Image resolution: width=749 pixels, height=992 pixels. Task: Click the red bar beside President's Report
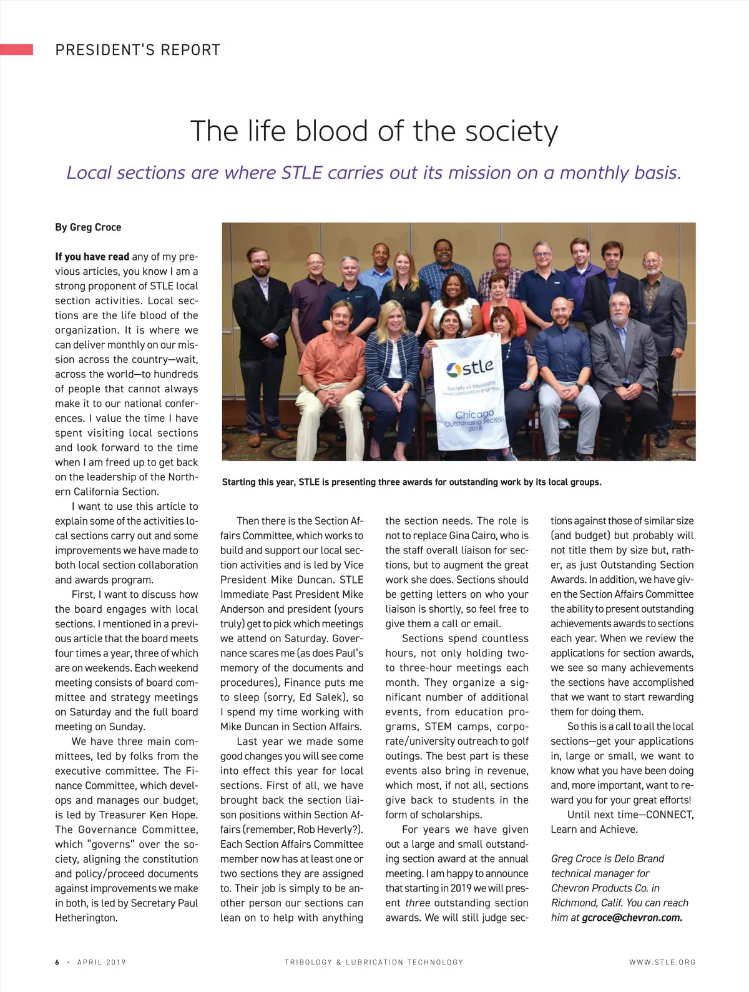[x=16, y=49]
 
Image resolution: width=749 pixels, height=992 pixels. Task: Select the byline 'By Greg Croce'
[x=88, y=227]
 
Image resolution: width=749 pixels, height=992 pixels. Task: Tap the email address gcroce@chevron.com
[x=632, y=918]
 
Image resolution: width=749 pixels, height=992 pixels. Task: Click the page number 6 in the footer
[x=57, y=962]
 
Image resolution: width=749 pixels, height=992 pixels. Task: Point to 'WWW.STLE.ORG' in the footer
[x=662, y=962]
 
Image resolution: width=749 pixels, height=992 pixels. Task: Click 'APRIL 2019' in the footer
[x=101, y=962]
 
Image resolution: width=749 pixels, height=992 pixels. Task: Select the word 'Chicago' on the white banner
[x=474, y=414]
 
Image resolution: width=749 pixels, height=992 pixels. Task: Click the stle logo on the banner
[x=470, y=368]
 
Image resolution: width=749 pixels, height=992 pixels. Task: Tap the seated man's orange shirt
[x=333, y=359]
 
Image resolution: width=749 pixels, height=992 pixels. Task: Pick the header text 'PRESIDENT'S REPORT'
[x=138, y=50]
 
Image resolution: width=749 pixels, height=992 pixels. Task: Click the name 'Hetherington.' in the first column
[x=86, y=918]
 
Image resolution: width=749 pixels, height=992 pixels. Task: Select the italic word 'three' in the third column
[x=418, y=903]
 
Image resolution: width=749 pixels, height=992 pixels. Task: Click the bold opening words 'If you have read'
[x=92, y=257]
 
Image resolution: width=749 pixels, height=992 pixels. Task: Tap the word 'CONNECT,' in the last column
[x=670, y=815]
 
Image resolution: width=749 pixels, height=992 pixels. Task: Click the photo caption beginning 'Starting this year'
[x=411, y=482]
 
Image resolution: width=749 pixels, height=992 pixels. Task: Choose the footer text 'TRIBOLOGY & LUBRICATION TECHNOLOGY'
[x=374, y=962]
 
